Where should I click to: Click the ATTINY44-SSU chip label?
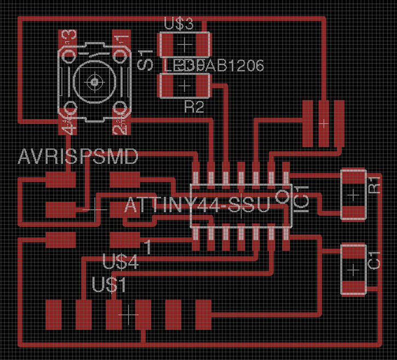point(198,207)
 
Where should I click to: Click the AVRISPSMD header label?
point(78,157)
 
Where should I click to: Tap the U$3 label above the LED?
point(179,24)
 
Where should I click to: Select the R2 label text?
point(193,107)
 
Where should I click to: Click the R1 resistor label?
point(374,185)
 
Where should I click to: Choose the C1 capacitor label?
point(375,260)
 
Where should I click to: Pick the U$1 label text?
point(110,285)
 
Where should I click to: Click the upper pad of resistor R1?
point(352,178)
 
